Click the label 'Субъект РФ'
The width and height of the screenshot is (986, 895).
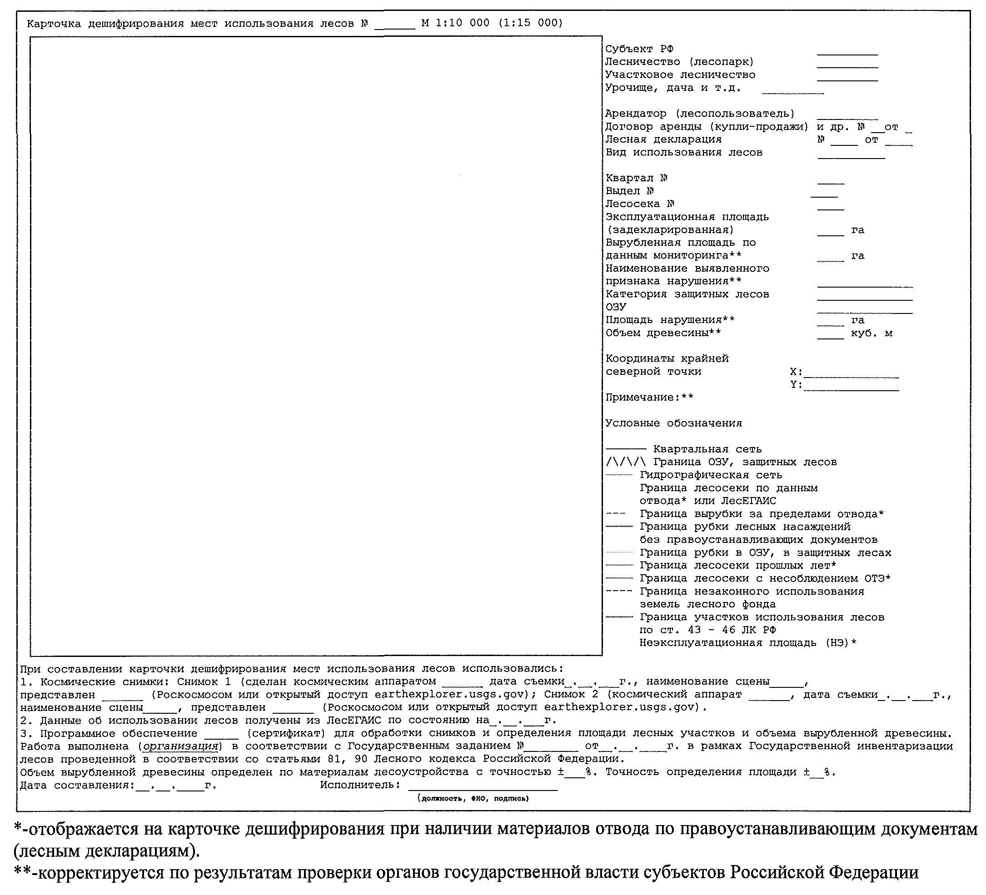[x=639, y=49]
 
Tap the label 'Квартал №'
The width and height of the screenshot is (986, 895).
[x=636, y=178]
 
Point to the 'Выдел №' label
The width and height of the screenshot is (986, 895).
[x=629, y=191]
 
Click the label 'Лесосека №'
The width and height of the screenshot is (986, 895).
[x=640, y=204]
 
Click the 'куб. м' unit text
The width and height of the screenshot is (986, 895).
[x=871, y=333]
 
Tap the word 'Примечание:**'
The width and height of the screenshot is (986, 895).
[x=649, y=397]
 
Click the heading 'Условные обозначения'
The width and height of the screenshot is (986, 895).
[x=673, y=423]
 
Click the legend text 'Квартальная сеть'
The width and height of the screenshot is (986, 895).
[x=707, y=449]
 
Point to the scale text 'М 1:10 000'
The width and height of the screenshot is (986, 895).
[x=455, y=23]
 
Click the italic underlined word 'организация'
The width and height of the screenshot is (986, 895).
[x=180, y=746]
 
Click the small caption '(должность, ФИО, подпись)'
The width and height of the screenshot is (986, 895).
[x=473, y=799]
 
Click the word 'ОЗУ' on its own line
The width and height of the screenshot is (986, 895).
[x=616, y=307]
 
